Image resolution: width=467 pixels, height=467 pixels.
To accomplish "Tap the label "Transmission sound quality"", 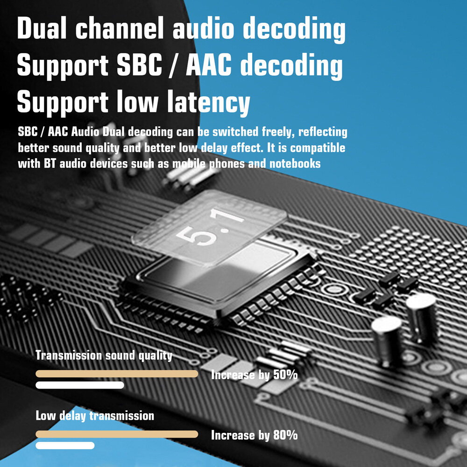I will pos(104,355).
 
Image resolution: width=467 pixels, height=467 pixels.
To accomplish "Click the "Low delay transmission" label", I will pos(95,415).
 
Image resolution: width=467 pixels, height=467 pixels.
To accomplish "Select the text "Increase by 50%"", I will pos(254,375).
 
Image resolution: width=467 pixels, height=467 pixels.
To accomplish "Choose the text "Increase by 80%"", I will pos(254,435).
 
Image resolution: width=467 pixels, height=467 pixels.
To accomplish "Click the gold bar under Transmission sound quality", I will pos(117,374).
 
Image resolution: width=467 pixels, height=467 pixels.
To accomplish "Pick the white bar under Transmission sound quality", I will pos(80,385).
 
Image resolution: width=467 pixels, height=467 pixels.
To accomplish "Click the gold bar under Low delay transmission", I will pos(117,434).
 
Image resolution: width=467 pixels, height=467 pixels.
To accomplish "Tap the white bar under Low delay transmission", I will pos(65,446).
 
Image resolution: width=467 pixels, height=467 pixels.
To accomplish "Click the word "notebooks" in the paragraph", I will pos(297,164).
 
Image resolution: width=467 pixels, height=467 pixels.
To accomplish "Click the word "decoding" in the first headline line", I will pos(295,29).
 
